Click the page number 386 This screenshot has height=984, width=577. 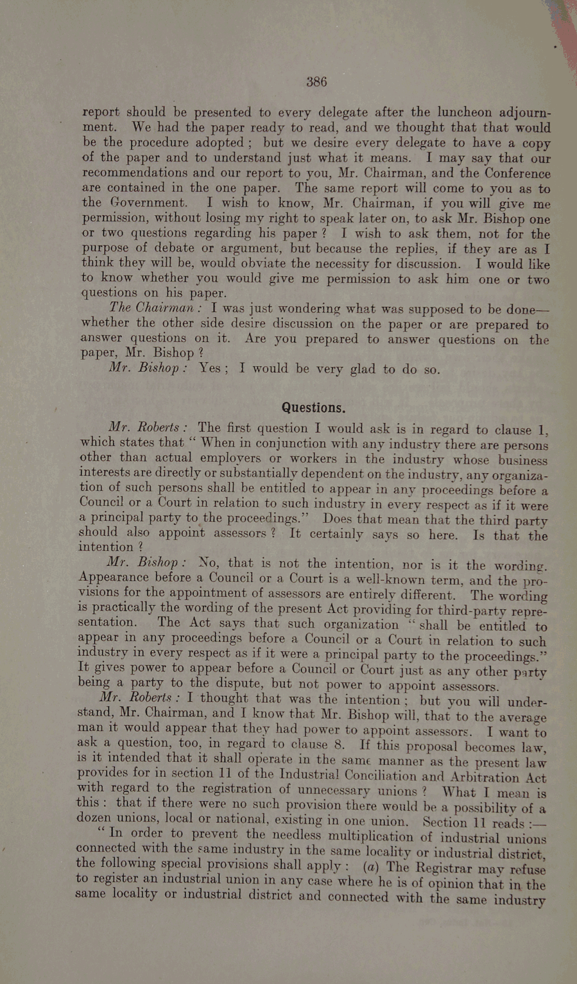click(316, 82)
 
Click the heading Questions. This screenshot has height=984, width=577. click(313, 408)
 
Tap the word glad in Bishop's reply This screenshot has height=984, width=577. click(363, 369)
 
